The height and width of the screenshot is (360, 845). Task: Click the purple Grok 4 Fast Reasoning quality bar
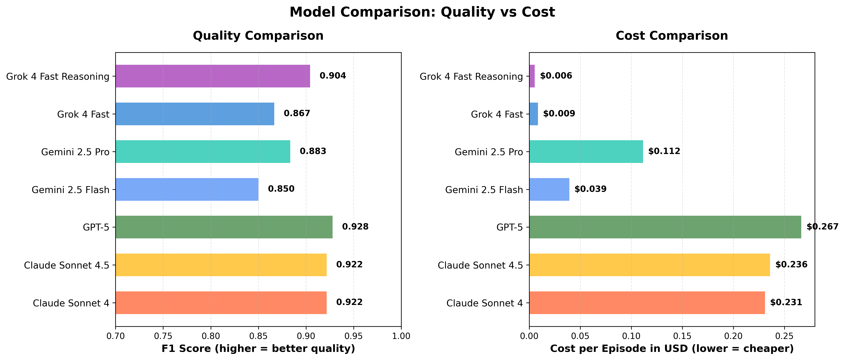click(x=212, y=76)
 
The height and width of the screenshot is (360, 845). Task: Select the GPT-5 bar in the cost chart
click(x=665, y=227)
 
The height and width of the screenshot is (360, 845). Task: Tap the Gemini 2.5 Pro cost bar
click(x=586, y=152)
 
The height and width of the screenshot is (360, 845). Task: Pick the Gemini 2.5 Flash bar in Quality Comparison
click(x=187, y=189)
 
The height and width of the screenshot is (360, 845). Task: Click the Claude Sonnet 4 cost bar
click(x=647, y=303)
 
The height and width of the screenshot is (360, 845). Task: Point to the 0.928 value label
click(x=355, y=227)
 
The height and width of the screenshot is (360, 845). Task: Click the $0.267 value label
click(x=822, y=227)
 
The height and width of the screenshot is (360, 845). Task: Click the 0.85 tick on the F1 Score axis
click(x=258, y=336)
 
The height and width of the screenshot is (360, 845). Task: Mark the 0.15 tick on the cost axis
click(x=682, y=336)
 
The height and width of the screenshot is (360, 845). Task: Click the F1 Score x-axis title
click(x=258, y=348)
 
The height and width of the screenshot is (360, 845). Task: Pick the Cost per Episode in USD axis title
click(x=672, y=348)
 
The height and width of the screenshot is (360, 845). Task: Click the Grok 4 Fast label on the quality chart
click(x=83, y=114)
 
